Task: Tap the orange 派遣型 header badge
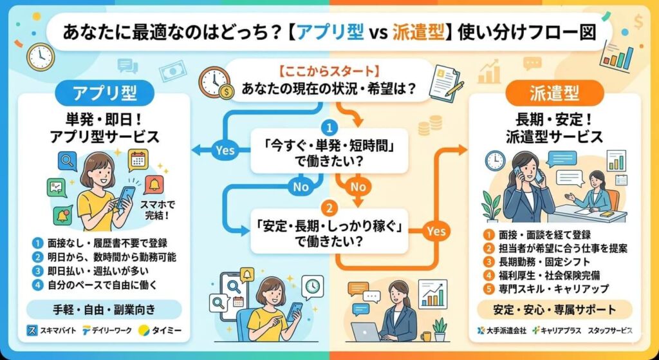coord(554,93)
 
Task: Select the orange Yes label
coord(436,230)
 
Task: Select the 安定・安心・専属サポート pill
coord(555,309)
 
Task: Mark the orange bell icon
coord(154,184)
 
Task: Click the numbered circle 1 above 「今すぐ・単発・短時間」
coord(329,128)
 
